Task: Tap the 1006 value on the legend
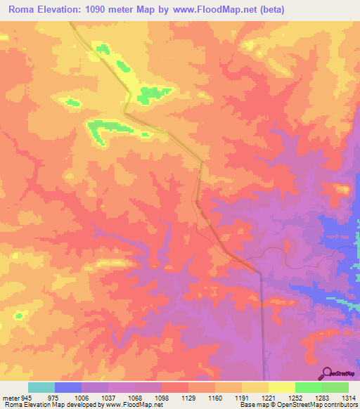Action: (x=82, y=397)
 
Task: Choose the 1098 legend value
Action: (x=162, y=397)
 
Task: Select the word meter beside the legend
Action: (x=10, y=397)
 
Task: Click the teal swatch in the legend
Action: (x=41, y=387)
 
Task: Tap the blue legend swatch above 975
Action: (x=68, y=387)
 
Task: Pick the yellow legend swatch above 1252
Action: (x=281, y=387)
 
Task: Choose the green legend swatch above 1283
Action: (x=308, y=387)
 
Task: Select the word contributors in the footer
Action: (x=340, y=405)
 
